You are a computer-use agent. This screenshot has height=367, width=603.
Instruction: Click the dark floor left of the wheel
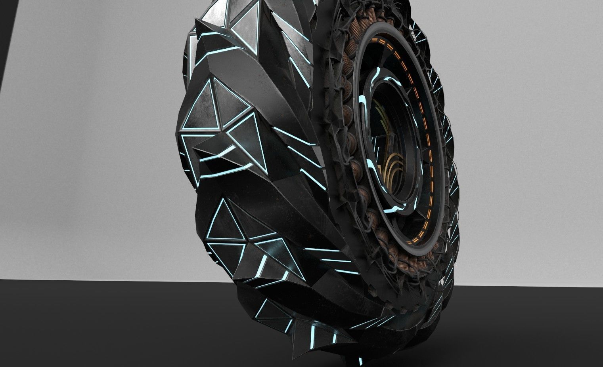[99, 321]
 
